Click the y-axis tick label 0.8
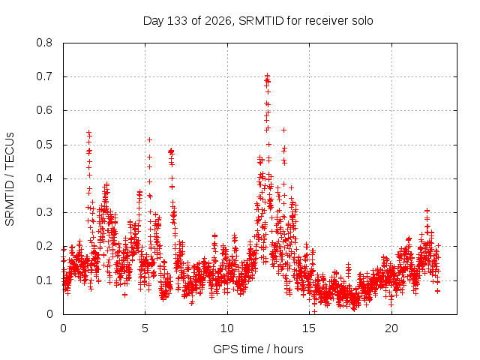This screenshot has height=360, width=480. (x=44, y=43)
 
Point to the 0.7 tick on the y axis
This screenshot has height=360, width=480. (x=44, y=76)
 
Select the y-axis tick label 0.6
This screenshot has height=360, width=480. (x=44, y=110)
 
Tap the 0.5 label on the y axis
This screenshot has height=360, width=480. (x=44, y=145)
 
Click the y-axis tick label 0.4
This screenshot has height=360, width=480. (x=44, y=178)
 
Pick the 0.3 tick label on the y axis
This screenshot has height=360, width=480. (x=44, y=212)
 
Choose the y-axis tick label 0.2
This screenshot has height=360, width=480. (x=44, y=246)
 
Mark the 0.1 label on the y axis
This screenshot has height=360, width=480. (x=44, y=280)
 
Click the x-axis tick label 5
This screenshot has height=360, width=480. (x=145, y=328)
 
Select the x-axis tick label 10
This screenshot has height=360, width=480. (x=227, y=328)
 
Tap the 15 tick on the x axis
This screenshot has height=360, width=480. (x=309, y=328)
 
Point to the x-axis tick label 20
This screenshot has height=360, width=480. (x=391, y=328)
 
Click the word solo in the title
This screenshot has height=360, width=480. (x=362, y=21)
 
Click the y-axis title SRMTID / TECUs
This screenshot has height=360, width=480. (x=10, y=179)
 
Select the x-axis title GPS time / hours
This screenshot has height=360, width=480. (x=258, y=349)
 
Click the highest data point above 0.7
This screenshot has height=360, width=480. (x=267, y=75)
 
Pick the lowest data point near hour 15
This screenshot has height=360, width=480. (x=314, y=312)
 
